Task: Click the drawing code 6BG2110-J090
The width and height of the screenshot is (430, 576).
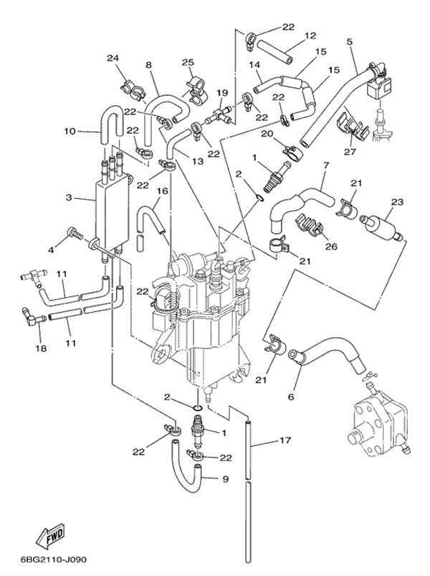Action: pyautogui.click(x=54, y=560)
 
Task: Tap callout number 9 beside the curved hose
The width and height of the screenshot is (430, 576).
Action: pyautogui.click(x=226, y=479)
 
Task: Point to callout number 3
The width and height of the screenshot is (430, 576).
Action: pyautogui.click(x=68, y=198)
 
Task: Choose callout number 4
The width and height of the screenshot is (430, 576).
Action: pyautogui.click(x=51, y=249)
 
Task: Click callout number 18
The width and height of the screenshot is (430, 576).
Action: pyautogui.click(x=40, y=348)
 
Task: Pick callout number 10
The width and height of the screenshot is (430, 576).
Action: pyautogui.click(x=69, y=132)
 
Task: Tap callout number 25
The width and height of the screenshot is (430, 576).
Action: pyautogui.click(x=188, y=63)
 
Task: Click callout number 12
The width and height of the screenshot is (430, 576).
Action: pyautogui.click(x=310, y=36)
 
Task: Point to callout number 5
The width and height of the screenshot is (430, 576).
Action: pyautogui.click(x=350, y=42)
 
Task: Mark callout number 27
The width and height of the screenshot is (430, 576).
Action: pyautogui.click(x=349, y=151)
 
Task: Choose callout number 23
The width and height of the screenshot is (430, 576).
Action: pyautogui.click(x=396, y=202)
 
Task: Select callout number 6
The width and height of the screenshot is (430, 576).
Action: pyautogui.click(x=291, y=396)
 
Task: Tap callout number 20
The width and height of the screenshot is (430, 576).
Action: pyautogui.click(x=266, y=134)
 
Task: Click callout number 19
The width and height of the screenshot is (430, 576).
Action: pyautogui.click(x=222, y=93)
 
